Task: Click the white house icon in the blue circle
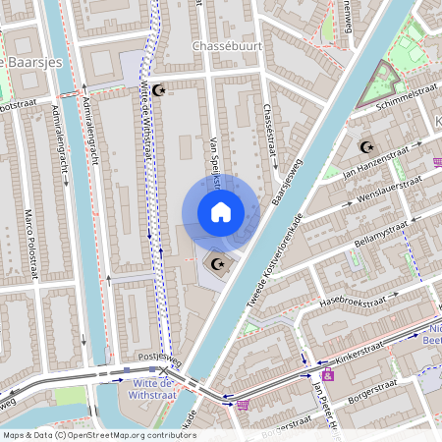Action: click(220, 211)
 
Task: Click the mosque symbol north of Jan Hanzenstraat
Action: click(368, 147)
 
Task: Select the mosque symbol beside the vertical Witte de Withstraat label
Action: click(161, 90)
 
